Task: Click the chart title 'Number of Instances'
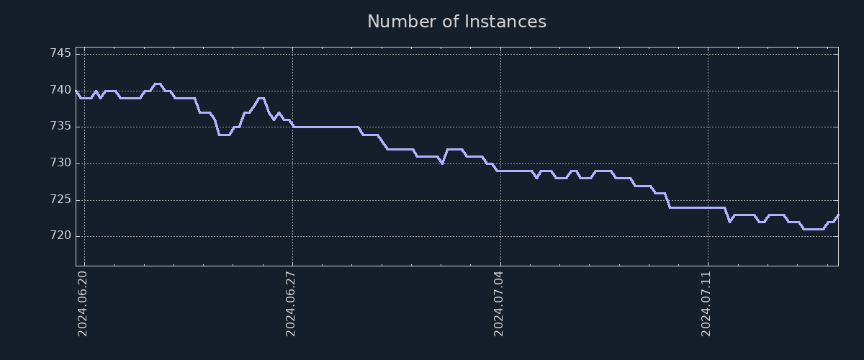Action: coord(456,22)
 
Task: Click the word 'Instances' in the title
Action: coord(505,22)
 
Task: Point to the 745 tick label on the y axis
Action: coord(60,54)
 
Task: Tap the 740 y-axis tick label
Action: coord(60,91)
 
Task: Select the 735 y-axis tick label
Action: coord(60,127)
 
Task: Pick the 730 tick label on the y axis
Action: coord(60,163)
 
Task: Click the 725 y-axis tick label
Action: coord(60,199)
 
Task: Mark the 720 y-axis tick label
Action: coord(60,236)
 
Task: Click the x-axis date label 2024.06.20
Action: coord(82,302)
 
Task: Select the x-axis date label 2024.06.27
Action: coord(291,302)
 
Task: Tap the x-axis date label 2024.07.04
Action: coord(499,302)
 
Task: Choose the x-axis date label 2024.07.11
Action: coord(706,302)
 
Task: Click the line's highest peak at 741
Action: coord(157,84)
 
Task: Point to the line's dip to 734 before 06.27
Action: coord(224,135)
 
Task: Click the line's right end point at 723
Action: coord(838,215)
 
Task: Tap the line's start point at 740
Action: coord(76,91)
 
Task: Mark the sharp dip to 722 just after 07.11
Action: coord(729,221)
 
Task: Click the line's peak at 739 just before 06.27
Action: coord(261,98)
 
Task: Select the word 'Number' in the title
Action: coord(400,22)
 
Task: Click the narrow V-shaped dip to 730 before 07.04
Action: coord(442,163)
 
